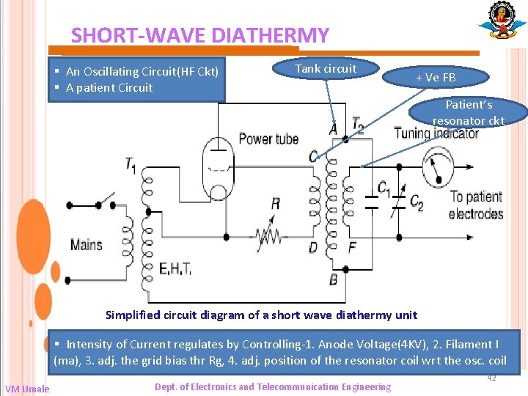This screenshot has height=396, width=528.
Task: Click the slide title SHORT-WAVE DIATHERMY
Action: click(199, 35)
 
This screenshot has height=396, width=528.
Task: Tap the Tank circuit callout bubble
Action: click(326, 69)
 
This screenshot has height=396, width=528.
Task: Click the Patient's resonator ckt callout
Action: click(469, 112)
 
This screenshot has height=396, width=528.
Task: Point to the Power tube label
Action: click(269, 139)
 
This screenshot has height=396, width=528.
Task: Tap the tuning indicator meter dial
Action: click(436, 166)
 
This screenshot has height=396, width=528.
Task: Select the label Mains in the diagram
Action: click(87, 244)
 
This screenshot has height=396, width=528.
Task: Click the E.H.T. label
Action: click(175, 269)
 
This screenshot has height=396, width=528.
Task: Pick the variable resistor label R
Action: click(275, 204)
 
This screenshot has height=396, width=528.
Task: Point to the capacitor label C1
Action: click(384, 189)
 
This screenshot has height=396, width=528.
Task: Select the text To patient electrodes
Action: click(475, 205)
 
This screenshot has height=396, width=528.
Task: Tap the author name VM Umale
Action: click(27, 389)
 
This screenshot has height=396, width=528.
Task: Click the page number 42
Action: click(492, 378)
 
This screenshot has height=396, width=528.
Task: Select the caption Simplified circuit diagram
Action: click(261, 315)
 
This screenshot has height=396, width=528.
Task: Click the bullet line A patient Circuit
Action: click(109, 88)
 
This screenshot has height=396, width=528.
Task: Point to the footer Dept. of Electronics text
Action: click(273, 387)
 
